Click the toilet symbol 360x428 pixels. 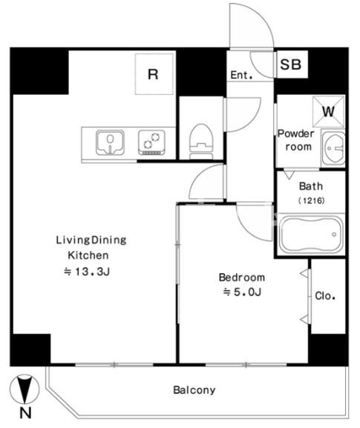(x=201, y=142)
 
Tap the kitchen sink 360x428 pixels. (x=110, y=142)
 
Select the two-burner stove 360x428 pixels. (x=151, y=142)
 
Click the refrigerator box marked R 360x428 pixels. (x=154, y=74)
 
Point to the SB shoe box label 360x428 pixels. (x=291, y=65)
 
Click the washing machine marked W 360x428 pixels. (x=329, y=111)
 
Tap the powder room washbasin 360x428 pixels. (x=333, y=148)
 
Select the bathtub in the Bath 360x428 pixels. (x=311, y=234)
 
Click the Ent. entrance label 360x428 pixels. (x=241, y=75)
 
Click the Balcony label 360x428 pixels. (x=194, y=390)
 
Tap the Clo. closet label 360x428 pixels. (x=325, y=296)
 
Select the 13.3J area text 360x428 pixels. (x=87, y=271)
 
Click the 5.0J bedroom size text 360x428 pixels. (x=242, y=292)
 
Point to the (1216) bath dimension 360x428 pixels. (x=311, y=200)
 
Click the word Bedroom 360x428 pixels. (x=242, y=277)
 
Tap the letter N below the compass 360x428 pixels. (x=25, y=413)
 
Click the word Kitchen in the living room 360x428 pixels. (x=88, y=255)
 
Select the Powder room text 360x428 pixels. (x=296, y=140)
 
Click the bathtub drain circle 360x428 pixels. (x=334, y=234)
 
